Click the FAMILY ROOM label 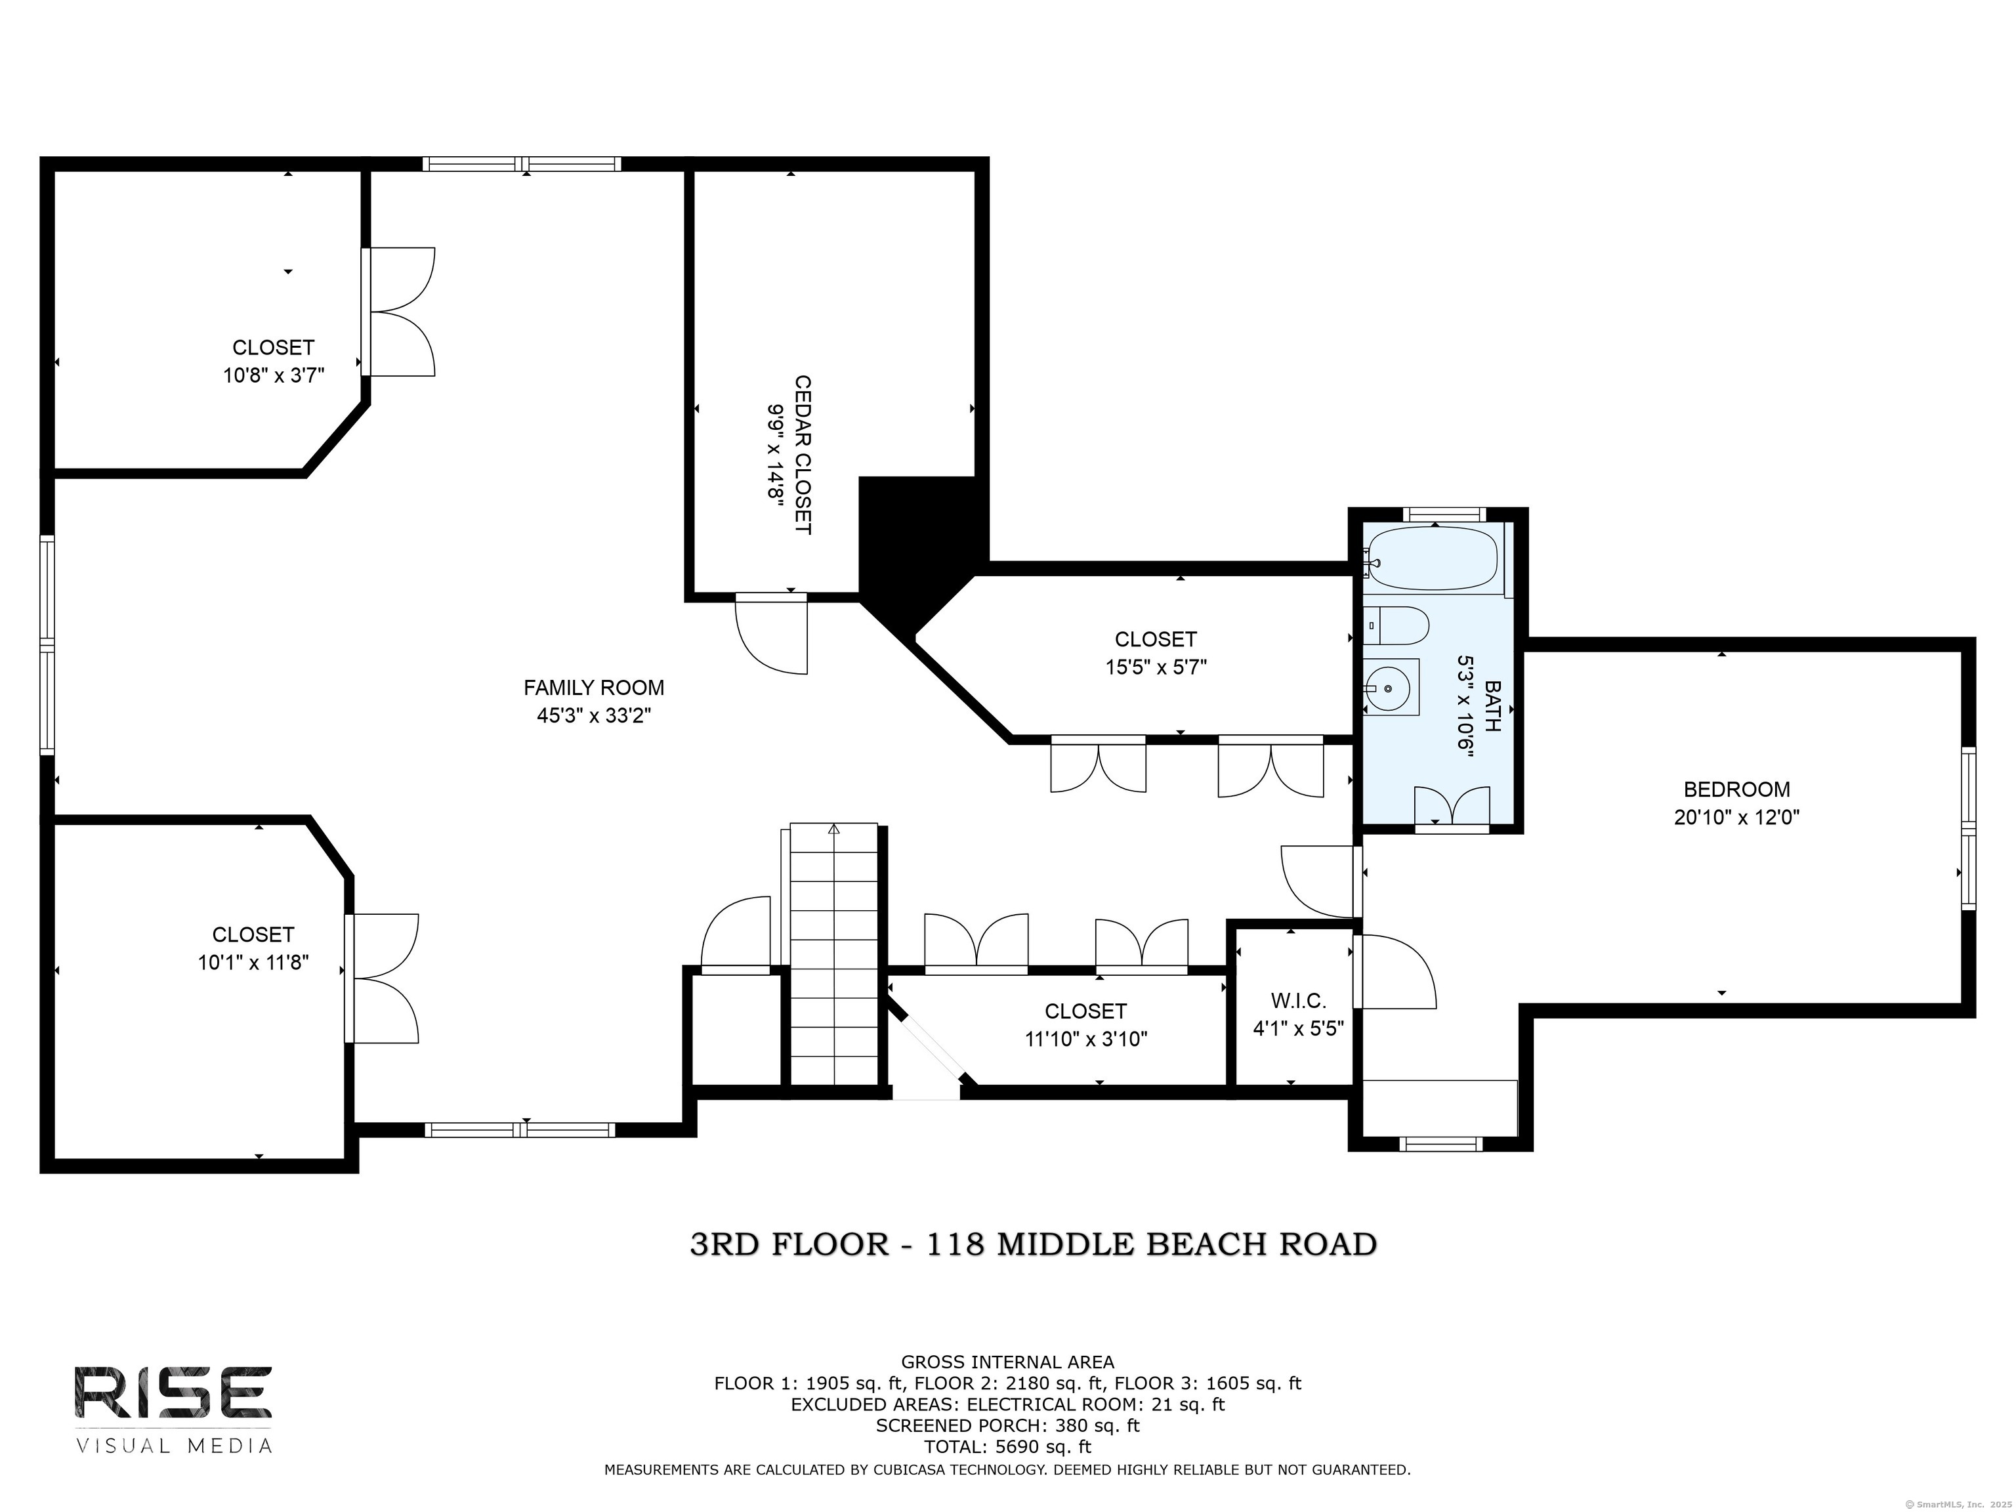point(593,687)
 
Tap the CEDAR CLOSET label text point(802,455)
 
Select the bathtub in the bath point(1434,558)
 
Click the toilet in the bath point(1396,625)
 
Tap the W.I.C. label point(1298,1001)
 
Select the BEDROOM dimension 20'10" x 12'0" point(1736,816)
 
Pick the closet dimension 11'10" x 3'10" point(1085,1039)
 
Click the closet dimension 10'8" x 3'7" point(274,375)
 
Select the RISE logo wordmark point(172,1393)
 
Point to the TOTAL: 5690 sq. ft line point(1007,1446)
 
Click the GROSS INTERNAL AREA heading point(1007,1362)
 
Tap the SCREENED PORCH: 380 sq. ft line point(1007,1425)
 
